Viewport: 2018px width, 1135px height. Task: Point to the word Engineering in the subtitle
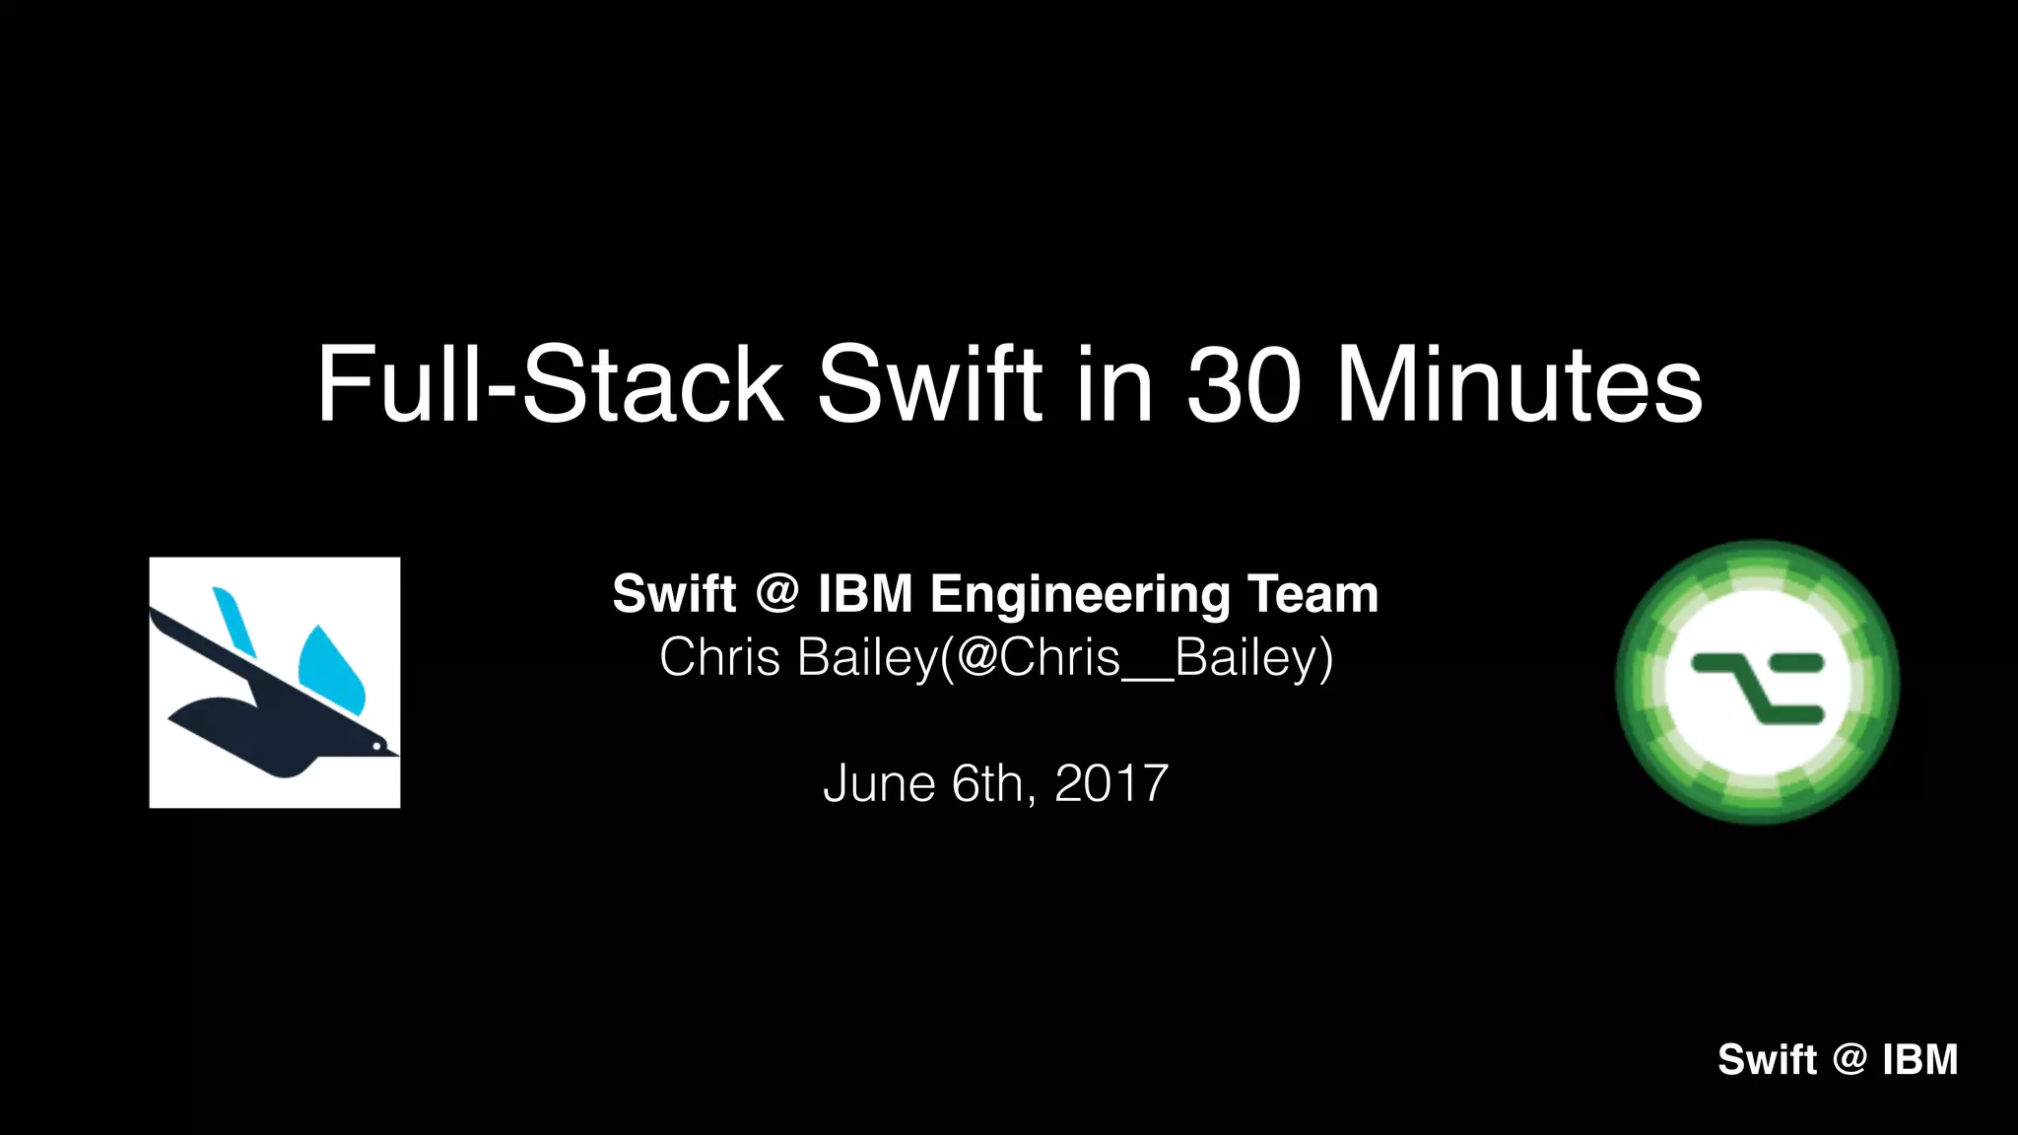(x=1080, y=595)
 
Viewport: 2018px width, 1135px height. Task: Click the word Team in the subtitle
(x=1312, y=595)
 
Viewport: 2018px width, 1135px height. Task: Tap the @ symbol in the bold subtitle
(x=777, y=594)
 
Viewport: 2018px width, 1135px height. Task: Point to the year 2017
(x=1110, y=784)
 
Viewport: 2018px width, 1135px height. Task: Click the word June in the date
(x=879, y=784)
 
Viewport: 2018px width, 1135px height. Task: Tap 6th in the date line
(x=987, y=784)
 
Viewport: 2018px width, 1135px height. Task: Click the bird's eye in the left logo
(x=376, y=746)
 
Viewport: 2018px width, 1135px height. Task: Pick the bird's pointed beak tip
(x=396, y=755)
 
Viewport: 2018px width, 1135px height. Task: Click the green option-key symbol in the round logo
(x=1758, y=686)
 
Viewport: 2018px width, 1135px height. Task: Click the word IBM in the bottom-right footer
(x=1919, y=1060)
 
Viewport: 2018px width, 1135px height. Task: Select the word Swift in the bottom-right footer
(x=1767, y=1060)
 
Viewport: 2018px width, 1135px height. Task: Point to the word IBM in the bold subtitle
(x=865, y=595)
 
